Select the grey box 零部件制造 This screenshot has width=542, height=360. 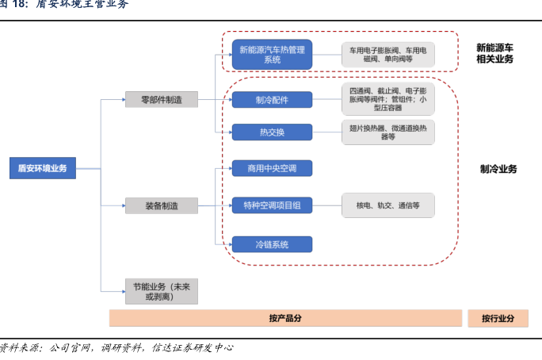[x=161, y=99]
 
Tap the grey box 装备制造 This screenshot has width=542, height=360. [x=161, y=206]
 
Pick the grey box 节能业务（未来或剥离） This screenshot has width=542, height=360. [x=161, y=291]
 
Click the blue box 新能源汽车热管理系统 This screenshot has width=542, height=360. [x=272, y=54]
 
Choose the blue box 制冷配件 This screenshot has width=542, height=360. [x=272, y=99]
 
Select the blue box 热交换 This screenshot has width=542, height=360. [x=272, y=132]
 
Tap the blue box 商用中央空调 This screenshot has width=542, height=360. [x=272, y=168]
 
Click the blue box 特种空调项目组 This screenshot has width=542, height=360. [x=272, y=206]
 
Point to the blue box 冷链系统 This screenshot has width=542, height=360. [x=272, y=243]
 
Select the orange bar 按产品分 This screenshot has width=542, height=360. [x=285, y=318]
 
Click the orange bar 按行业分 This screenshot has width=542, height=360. [x=498, y=318]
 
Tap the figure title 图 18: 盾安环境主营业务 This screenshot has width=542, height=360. [x=63, y=5]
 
